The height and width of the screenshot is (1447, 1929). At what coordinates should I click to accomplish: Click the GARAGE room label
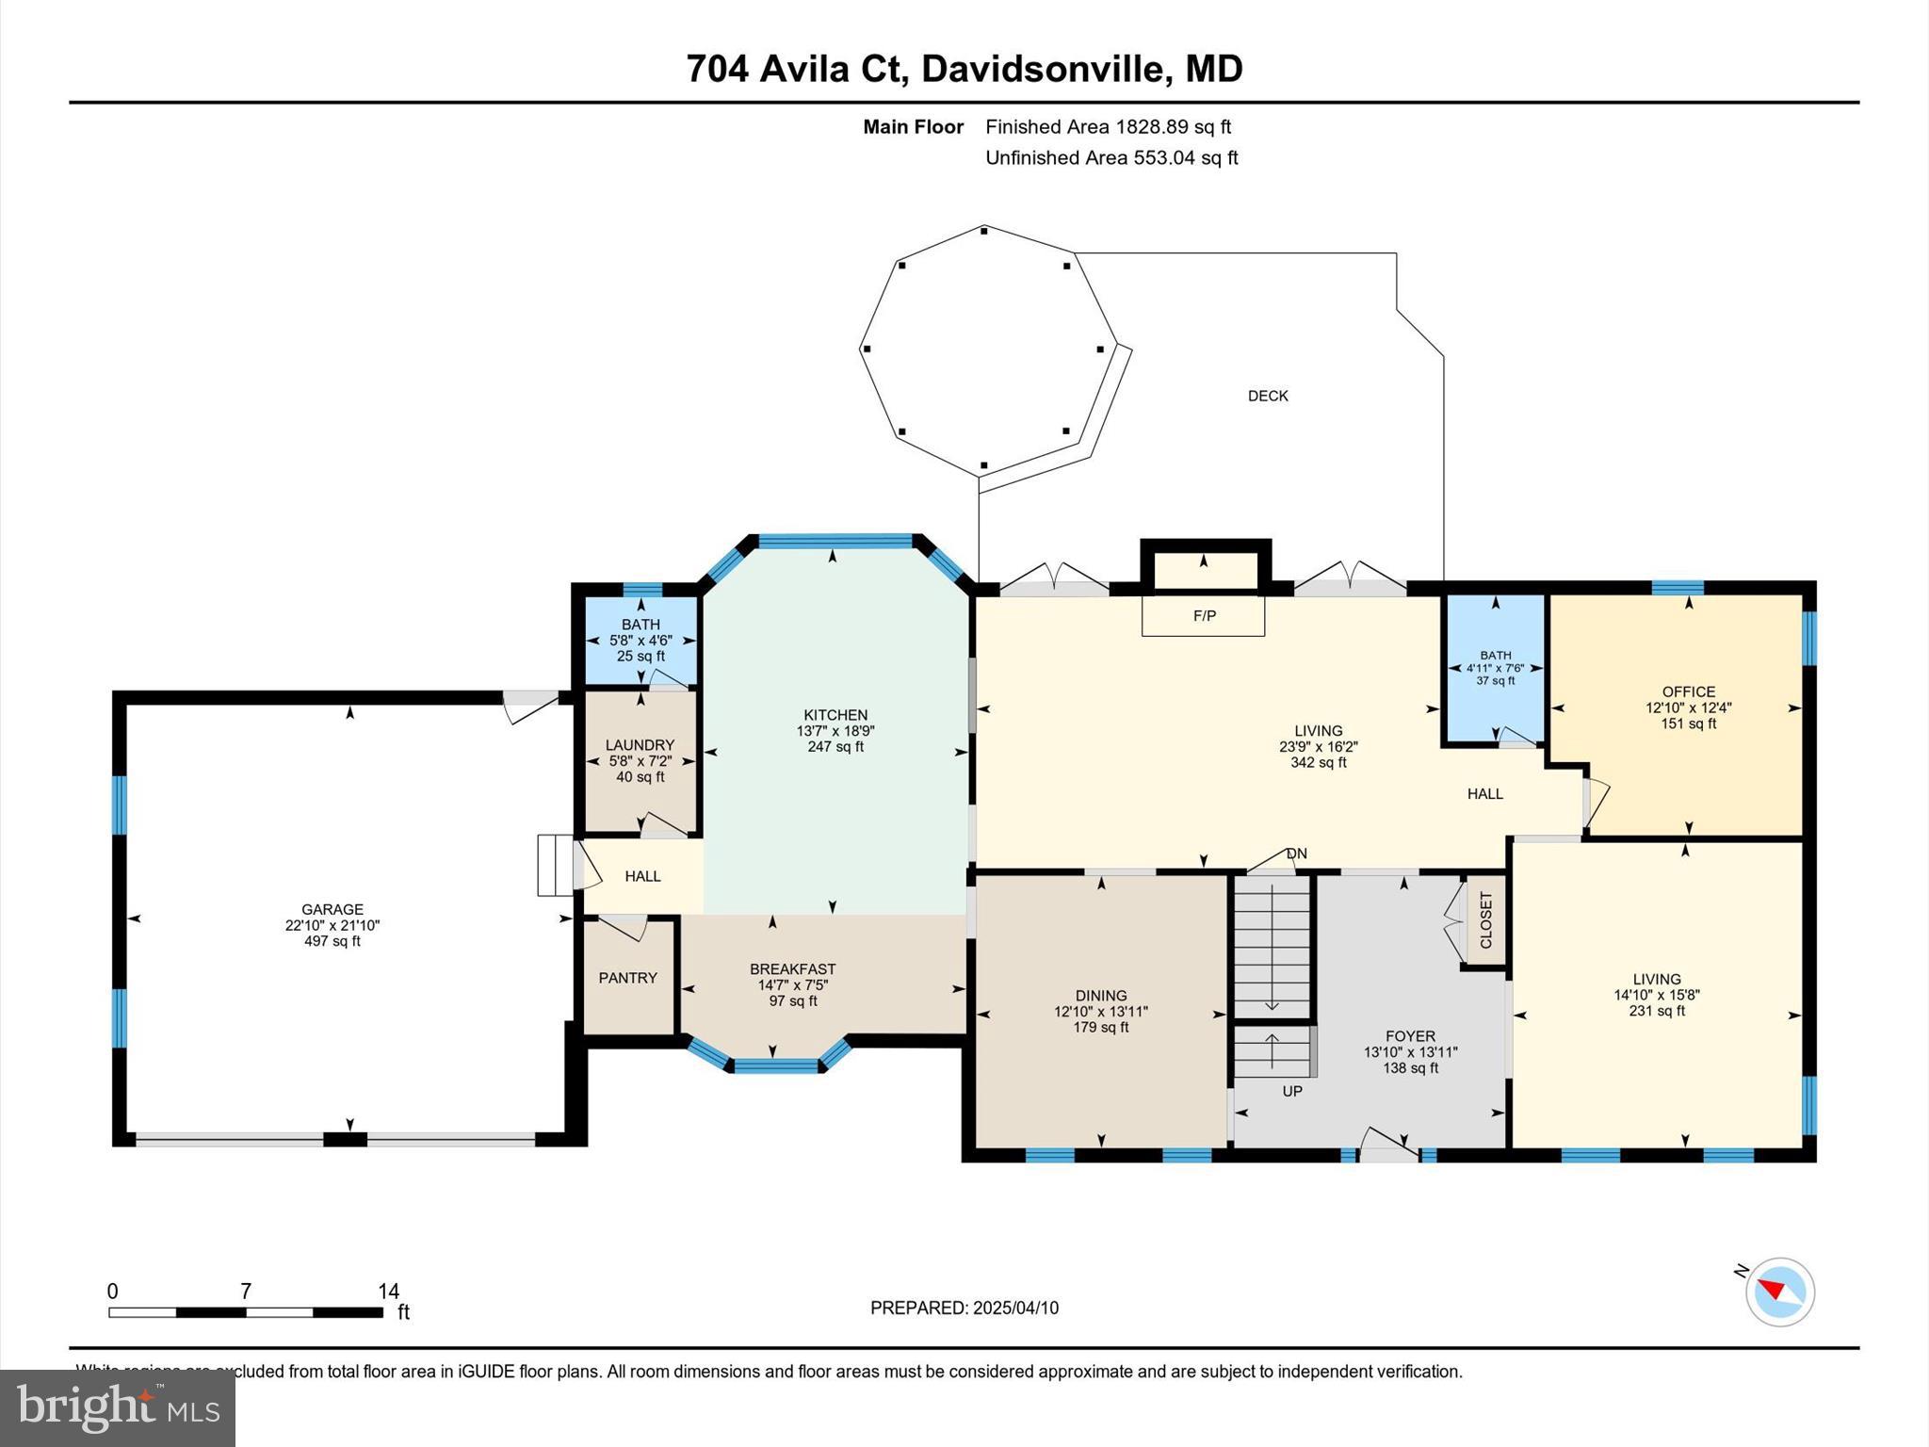coord(332,909)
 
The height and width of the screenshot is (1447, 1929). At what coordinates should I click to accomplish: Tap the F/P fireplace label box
coord(1204,616)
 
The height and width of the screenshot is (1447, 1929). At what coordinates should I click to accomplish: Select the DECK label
coord(1268,396)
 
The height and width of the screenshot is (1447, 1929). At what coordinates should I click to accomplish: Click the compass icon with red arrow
coord(1779,1292)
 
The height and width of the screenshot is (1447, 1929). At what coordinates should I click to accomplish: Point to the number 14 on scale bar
coord(388,1292)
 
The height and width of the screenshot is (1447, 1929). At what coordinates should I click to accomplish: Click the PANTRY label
coord(627,978)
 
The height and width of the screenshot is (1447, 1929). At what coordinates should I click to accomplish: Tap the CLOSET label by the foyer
coord(1486,920)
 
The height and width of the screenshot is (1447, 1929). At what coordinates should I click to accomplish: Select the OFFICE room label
coord(1688,691)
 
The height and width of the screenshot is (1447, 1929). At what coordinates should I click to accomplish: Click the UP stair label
coord(1292,1091)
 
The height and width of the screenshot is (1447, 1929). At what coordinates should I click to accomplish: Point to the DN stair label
coord(1297,854)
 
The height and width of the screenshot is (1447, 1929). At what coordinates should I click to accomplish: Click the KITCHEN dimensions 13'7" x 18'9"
coord(835,731)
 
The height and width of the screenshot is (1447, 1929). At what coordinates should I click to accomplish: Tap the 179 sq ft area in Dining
coord(1100,1028)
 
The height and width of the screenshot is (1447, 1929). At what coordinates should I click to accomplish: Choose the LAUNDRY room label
coord(640,745)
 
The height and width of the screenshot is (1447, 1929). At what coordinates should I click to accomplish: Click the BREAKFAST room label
coord(792,968)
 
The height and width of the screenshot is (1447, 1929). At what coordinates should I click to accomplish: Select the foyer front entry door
coord(1388,1146)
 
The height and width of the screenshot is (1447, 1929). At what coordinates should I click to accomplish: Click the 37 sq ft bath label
coord(1495,681)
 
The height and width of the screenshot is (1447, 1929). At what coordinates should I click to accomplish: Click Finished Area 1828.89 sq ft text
coord(1108,126)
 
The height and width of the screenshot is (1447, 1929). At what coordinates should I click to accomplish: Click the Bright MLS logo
coord(118,1407)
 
